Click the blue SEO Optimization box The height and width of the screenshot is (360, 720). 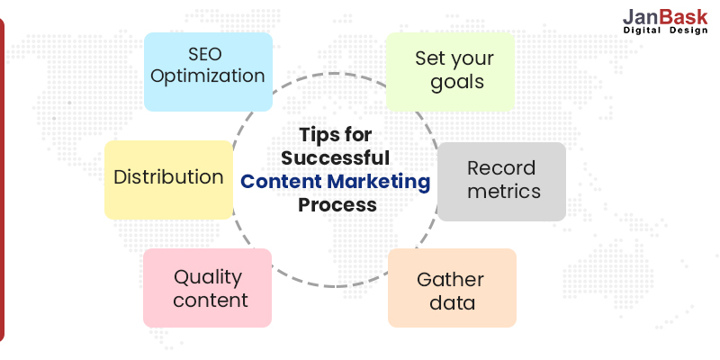(208, 71)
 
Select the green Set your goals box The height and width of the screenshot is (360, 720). (450, 71)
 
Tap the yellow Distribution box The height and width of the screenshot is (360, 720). (168, 179)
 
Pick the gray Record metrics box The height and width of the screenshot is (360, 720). (501, 180)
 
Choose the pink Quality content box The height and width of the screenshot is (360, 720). (207, 287)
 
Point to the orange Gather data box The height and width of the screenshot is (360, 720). (452, 288)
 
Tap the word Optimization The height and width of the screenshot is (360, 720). (208, 76)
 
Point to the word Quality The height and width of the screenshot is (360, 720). (208, 276)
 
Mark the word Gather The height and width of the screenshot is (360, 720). (450, 279)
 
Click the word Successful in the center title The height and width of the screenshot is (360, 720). (337, 157)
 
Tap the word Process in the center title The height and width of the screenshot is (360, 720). (337, 204)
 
